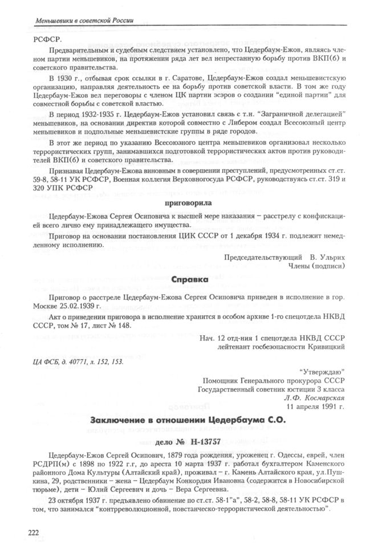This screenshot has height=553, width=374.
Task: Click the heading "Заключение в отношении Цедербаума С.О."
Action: coord(187,420)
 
